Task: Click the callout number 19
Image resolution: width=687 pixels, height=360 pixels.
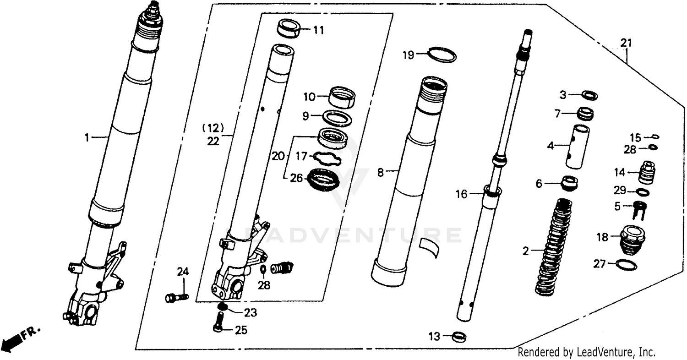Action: tap(408, 55)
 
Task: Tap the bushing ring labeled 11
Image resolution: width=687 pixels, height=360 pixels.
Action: tap(289, 29)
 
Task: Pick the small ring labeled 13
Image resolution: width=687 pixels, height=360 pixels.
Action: tap(459, 337)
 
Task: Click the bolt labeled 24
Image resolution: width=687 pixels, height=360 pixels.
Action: tap(176, 298)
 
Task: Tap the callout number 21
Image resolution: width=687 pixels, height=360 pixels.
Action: tap(626, 43)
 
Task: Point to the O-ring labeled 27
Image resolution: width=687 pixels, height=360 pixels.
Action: tap(626, 264)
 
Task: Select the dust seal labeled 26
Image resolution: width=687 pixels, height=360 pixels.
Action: tap(324, 180)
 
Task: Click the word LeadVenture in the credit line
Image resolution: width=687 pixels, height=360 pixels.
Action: tap(605, 352)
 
